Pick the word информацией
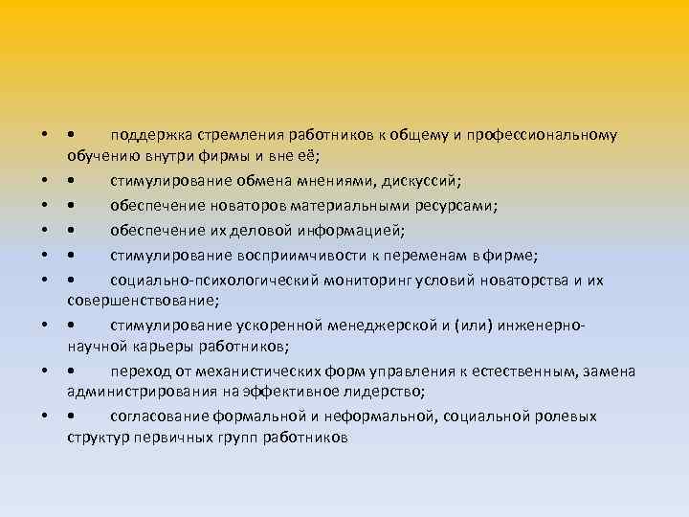tap(357, 228)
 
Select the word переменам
tap(424, 254)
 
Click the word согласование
tap(157, 416)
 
